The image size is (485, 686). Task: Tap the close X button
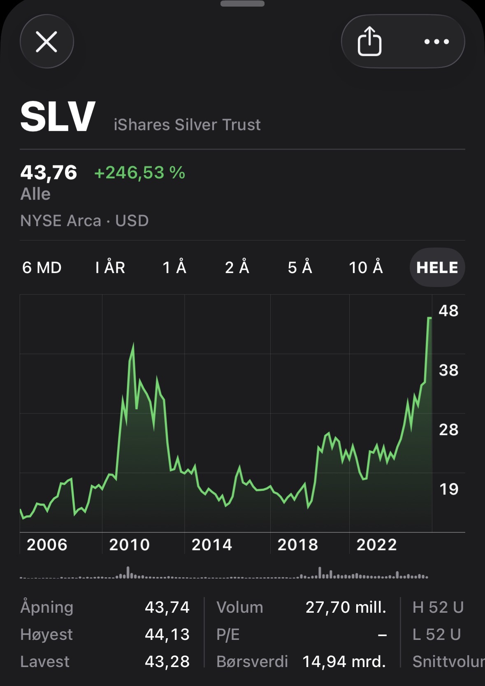[46, 42]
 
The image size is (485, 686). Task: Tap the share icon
[369, 41]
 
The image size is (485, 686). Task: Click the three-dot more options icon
[436, 42]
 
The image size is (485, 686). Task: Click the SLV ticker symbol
[58, 117]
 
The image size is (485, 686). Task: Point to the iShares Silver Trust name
[187, 125]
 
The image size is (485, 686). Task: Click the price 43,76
[49, 173]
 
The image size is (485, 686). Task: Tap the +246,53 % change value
[139, 173]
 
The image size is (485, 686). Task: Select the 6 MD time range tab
[42, 268]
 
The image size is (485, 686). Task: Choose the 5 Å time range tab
[300, 268]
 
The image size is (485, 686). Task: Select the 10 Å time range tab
[366, 268]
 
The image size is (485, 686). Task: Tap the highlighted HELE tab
[437, 268]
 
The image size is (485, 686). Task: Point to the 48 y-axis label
[448, 311]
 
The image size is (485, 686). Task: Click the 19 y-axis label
[448, 489]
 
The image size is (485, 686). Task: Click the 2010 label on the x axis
[129, 545]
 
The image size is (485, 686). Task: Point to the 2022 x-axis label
[376, 545]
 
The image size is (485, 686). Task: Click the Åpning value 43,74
[167, 607]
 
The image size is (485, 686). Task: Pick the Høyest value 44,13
[167, 635]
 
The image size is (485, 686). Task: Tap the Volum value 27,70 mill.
[346, 607]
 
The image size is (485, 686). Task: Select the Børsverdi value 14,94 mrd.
[344, 662]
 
